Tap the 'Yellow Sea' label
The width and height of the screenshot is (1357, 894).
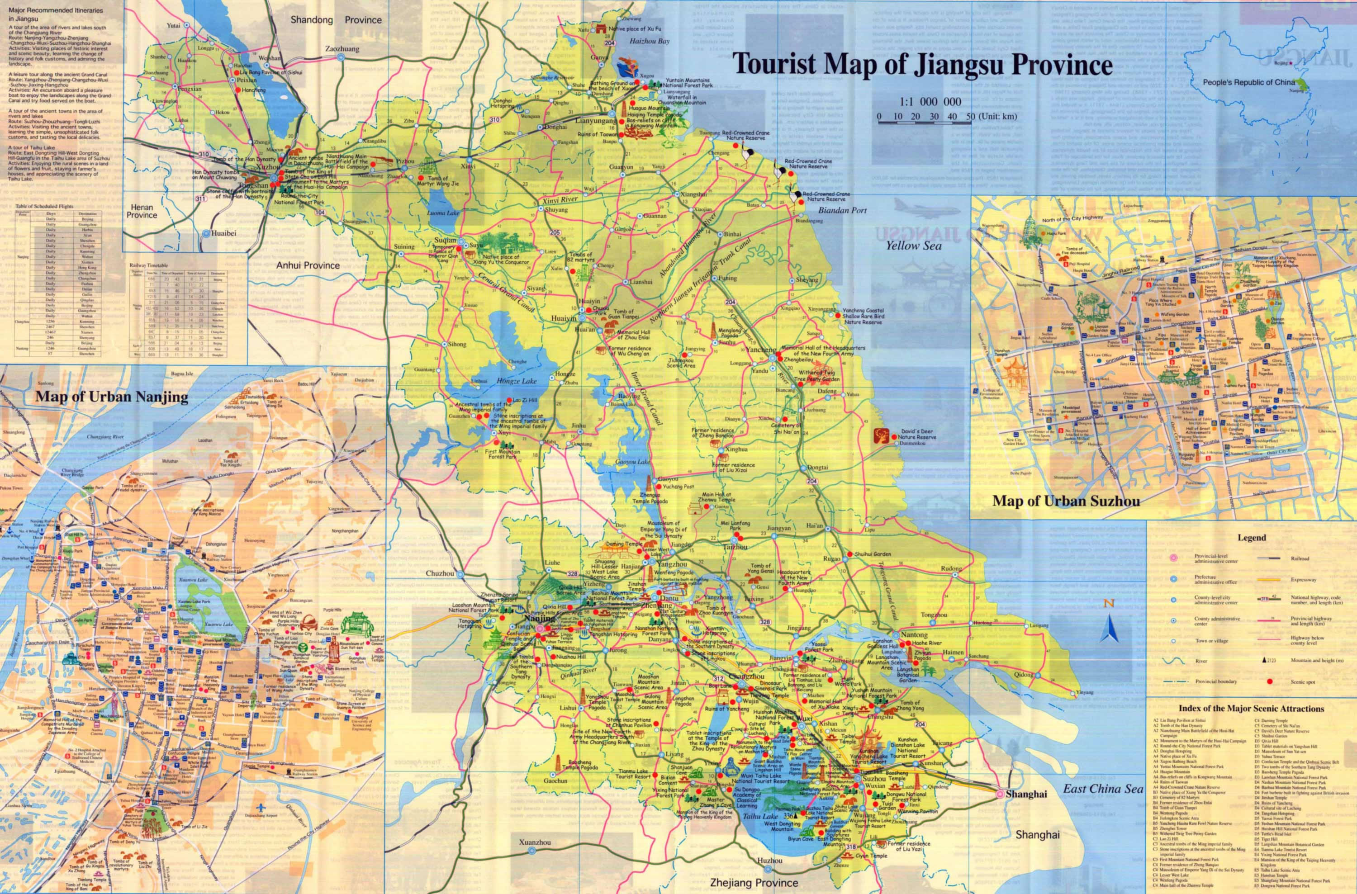tap(913, 246)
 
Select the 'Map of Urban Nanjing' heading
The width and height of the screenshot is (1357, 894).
tap(112, 397)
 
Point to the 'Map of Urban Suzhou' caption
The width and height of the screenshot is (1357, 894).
tap(1066, 501)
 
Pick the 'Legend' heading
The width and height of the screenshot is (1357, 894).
tap(1252, 537)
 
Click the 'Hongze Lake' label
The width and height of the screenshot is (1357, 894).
tap(516, 381)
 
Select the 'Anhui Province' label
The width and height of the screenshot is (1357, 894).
tap(308, 265)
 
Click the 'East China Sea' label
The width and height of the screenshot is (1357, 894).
tap(1103, 789)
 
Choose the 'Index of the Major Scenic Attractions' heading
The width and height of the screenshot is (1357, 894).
tap(1251, 709)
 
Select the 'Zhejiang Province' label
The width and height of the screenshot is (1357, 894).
tap(753, 883)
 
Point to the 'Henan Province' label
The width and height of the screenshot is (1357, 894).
tap(142, 211)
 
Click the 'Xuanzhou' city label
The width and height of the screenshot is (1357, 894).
tap(535, 842)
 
